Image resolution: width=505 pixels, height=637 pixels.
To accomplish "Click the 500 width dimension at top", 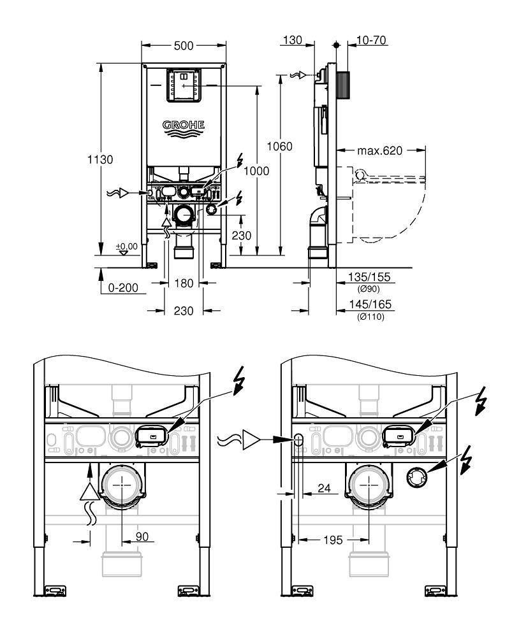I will coord(183,46).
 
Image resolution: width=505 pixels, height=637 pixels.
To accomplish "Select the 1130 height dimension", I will coord(100,159).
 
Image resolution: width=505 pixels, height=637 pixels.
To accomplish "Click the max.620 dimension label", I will coord(380,151).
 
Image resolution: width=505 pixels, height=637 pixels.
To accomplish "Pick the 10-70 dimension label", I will coord(372,41).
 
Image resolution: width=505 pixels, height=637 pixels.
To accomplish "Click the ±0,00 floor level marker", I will coord(126,246).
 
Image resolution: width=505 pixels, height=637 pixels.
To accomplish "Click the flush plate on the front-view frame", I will coord(184,85).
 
